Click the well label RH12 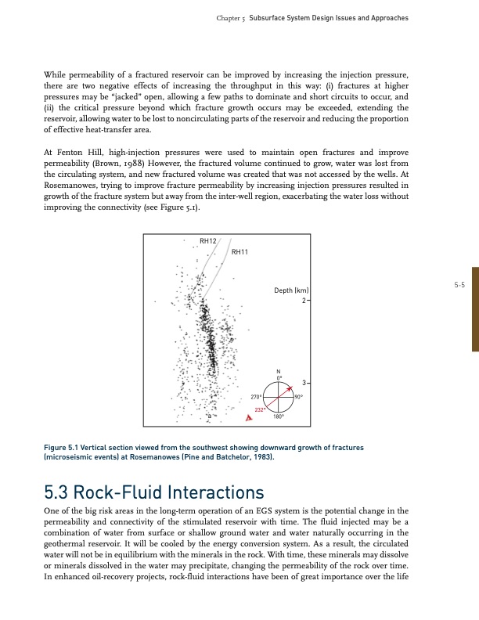(208, 241)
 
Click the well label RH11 (240, 252)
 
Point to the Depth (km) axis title (293, 290)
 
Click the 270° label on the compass (256, 398)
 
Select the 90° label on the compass (299, 398)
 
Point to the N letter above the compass (278, 371)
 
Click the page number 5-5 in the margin (459, 285)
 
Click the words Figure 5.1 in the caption (65, 447)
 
